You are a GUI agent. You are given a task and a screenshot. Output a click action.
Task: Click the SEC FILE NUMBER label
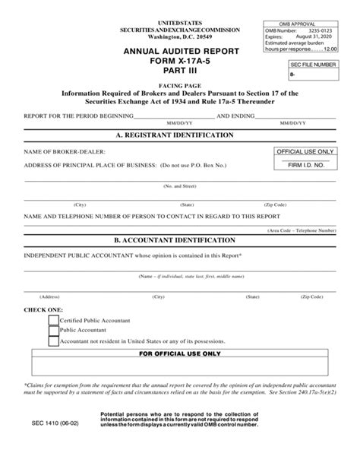point(312,67)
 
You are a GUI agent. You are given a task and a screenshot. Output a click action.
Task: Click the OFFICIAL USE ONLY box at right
point(305,153)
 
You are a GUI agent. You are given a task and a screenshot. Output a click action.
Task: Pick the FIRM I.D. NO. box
point(305,164)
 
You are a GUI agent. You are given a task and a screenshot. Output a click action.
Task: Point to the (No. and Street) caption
point(180,185)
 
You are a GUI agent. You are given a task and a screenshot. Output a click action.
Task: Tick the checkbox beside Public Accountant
point(54,331)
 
